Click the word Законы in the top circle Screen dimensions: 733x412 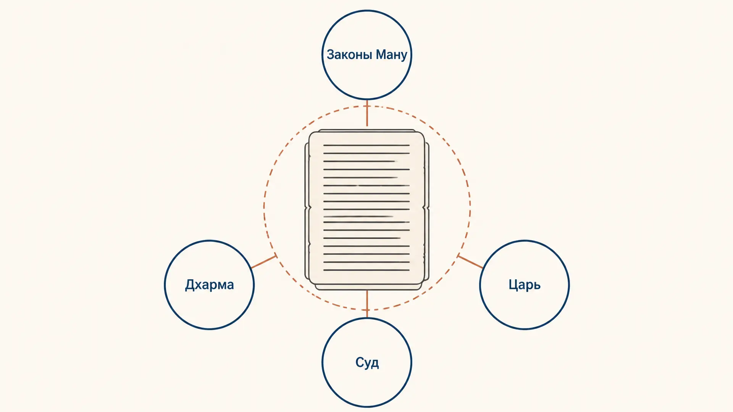[349, 55]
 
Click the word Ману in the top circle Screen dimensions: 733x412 [392, 55]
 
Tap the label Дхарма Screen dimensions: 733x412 [209, 285]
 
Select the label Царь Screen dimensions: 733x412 [525, 285]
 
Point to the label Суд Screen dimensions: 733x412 [367, 362]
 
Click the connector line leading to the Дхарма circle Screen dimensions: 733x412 [263, 262]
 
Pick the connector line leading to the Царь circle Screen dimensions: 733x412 [470, 262]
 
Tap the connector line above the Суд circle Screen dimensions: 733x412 [367, 304]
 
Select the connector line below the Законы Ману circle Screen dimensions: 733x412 [367, 113]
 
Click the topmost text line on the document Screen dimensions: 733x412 [366, 145]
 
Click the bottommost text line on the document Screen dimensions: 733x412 [366, 270]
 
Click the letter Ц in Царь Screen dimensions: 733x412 [513, 285]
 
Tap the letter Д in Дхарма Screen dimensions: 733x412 [190, 285]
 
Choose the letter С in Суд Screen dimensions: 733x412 [360, 362]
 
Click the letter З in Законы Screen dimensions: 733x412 [331, 55]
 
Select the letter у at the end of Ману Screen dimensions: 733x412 [404, 56]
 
